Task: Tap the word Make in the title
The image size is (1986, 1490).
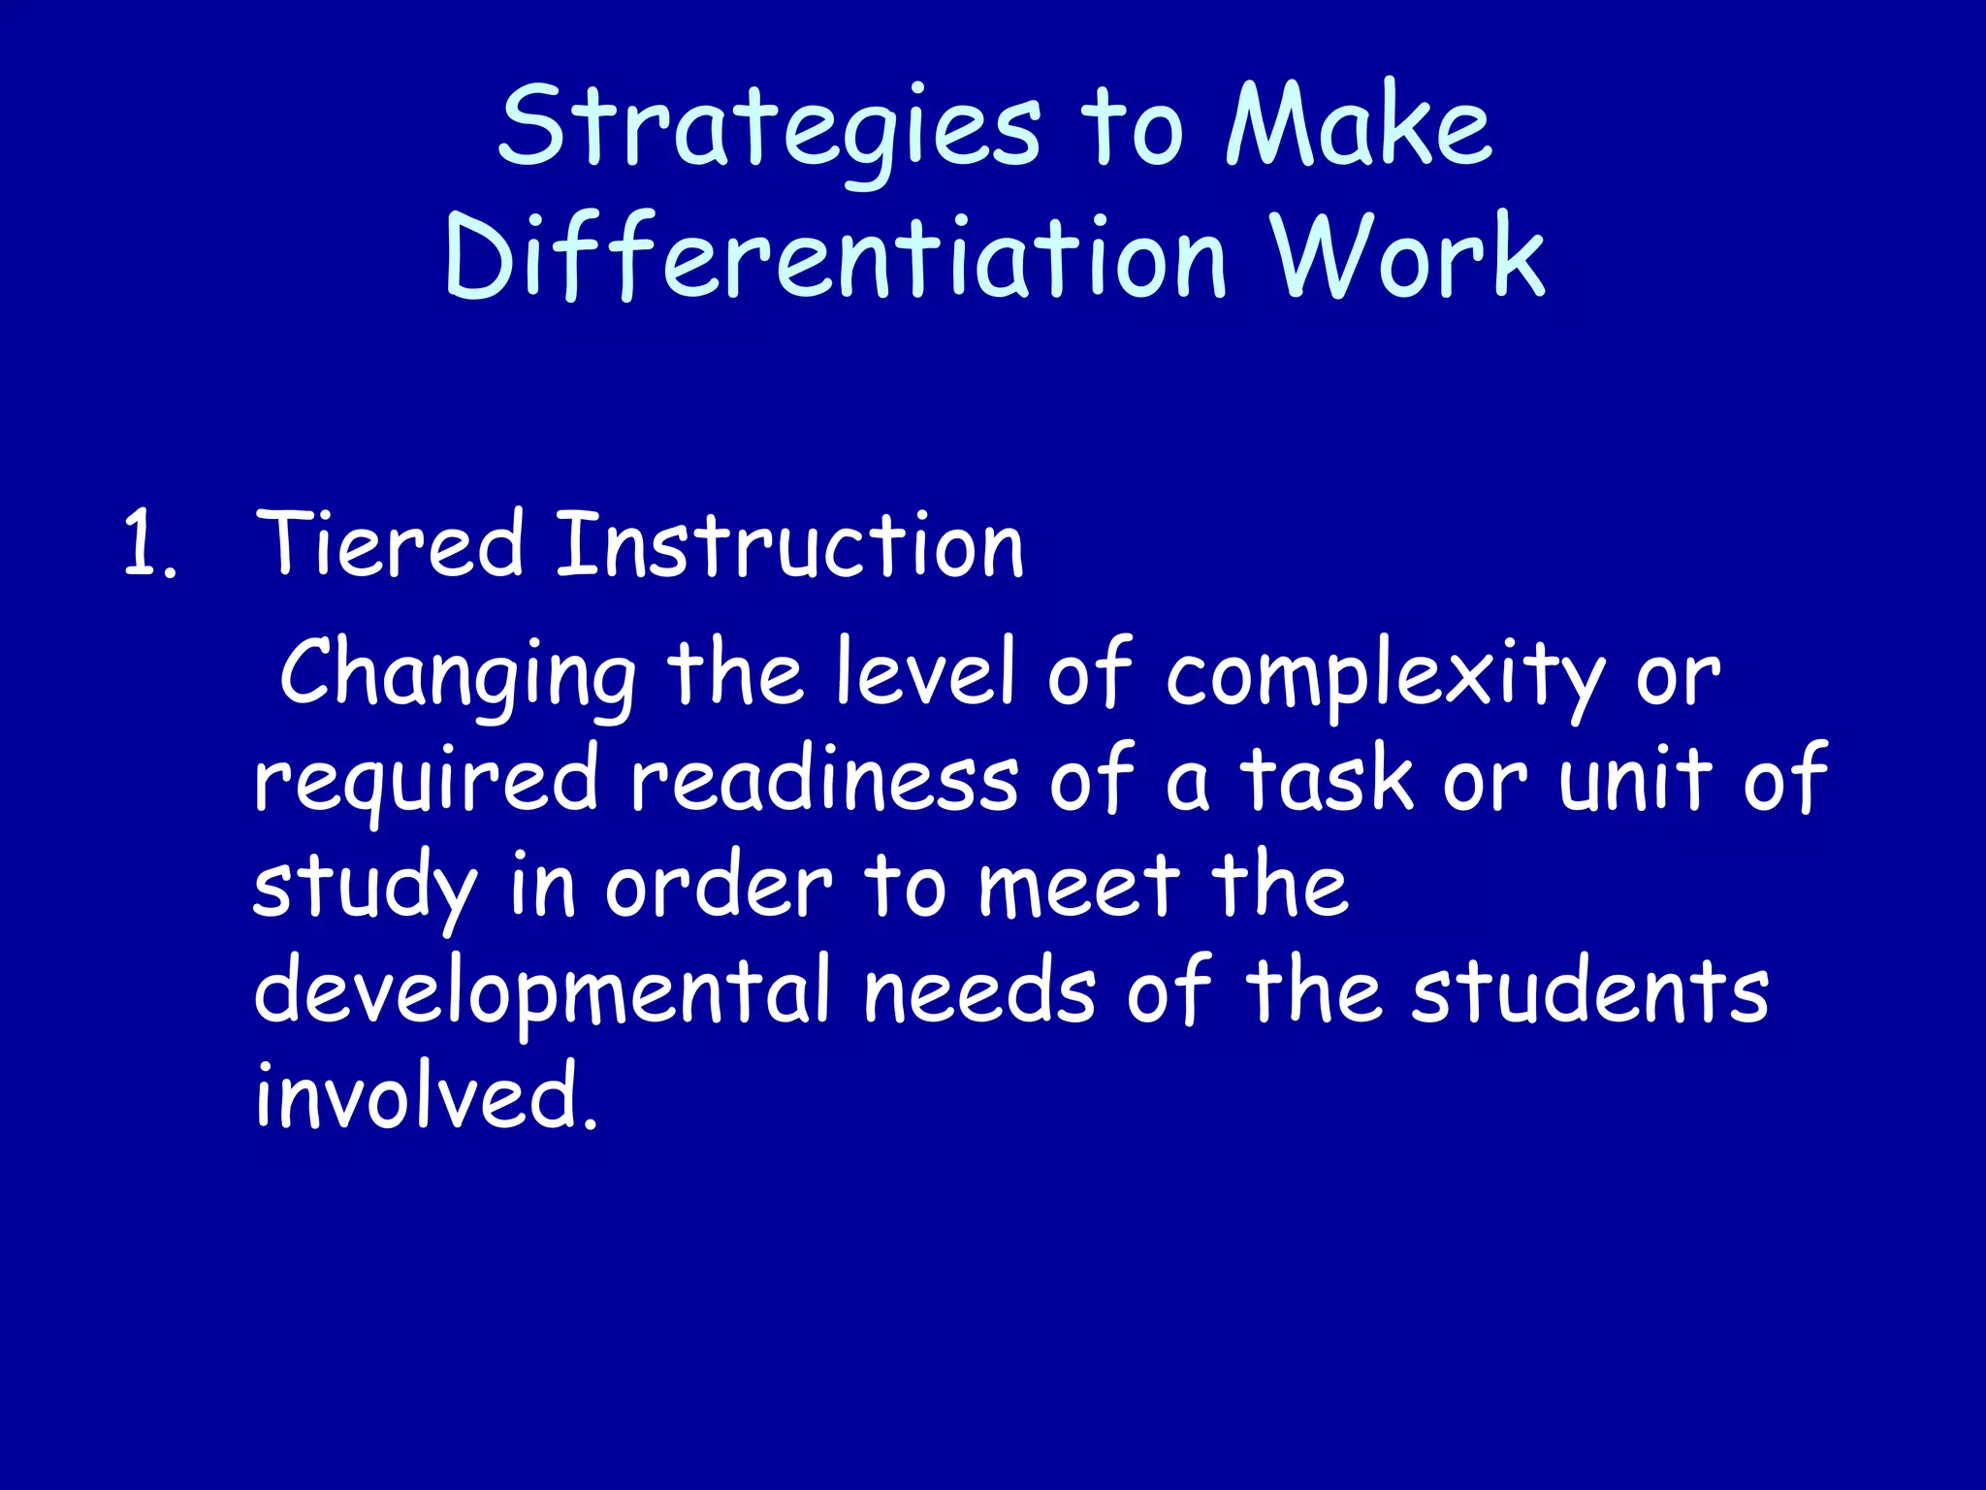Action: (x=1359, y=128)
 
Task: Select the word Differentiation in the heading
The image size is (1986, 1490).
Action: (x=836, y=257)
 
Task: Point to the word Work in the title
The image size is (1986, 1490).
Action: (x=1408, y=257)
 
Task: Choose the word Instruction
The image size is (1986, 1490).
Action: (x=789, y=545)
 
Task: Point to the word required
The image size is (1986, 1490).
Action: (x=426, y=782)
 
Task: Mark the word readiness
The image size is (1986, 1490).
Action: (x=824, y=780)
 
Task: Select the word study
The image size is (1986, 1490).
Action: (x=366, y=889)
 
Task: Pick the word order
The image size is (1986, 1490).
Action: (x=719, y=887)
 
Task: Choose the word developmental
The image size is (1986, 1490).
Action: (x=542, y=993)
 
